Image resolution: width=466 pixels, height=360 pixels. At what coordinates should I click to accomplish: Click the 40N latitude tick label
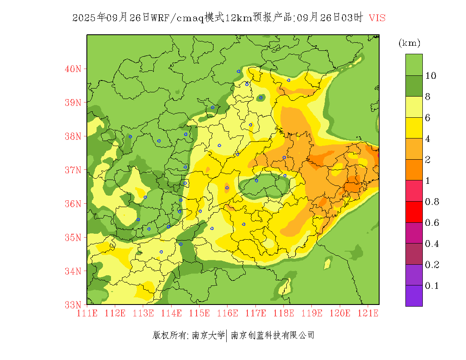[x=73, y=69]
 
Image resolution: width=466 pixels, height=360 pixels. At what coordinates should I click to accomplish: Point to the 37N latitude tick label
[x=73, y=170]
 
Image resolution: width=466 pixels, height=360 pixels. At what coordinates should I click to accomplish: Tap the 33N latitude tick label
[x=73, y=305]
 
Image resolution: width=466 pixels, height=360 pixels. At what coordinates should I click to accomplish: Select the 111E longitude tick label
[x=87, y=313]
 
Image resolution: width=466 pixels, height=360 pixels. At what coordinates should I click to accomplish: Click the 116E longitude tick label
[x=227, y=313]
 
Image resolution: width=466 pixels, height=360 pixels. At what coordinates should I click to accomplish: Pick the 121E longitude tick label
[x=368, y=313]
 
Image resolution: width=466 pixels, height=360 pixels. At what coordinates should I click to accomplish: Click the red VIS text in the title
[x=377, y=18]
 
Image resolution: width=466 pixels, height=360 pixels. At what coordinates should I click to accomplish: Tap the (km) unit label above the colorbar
[x=409, y=43]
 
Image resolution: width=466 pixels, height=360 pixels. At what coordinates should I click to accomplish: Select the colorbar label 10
[x=431, y=76]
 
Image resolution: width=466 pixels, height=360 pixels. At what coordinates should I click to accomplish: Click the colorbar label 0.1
[x=432, y=286]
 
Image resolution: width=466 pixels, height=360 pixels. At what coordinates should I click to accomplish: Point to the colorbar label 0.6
[x=432, y=223]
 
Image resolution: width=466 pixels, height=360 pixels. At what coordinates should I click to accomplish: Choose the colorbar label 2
[x=428, y=160]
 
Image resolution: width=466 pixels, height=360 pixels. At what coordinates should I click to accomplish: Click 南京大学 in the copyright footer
[x=208, y=335]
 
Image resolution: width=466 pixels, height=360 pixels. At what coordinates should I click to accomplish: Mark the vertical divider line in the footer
[x=227, y=335]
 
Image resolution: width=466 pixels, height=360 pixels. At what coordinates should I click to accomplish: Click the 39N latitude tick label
[x=73, y=102]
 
